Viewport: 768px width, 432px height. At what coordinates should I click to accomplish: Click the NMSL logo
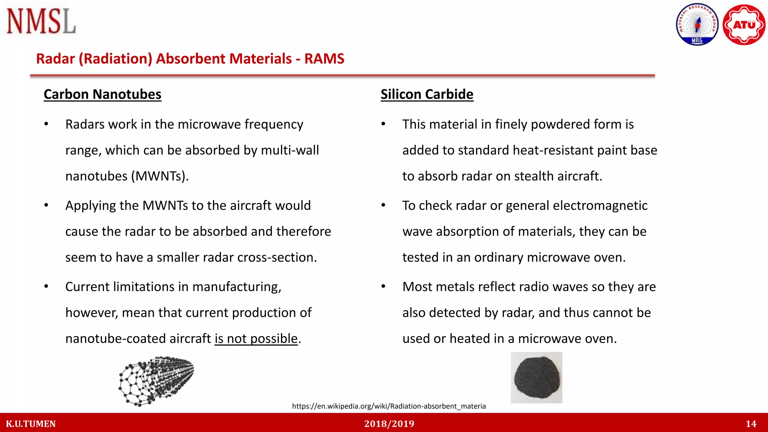pos(41,21)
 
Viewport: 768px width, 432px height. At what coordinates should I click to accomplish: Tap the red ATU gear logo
pos(744,25)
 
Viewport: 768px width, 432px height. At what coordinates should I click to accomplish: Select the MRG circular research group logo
pos(697,25)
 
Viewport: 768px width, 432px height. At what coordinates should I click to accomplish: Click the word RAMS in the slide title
pos(324,59)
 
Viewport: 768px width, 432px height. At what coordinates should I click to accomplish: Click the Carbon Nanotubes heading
pos(102,94)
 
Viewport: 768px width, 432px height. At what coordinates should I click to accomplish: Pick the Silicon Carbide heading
pos(427,94)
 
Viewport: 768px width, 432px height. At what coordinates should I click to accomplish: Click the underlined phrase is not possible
pos(256,339)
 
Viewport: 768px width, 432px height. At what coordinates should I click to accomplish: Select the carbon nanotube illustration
pos(156,381)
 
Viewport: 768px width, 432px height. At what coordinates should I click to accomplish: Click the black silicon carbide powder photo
pos(536,378)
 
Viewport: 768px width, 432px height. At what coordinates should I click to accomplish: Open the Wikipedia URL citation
pos(388,406)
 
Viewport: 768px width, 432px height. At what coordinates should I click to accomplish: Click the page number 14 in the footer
pos(751,424)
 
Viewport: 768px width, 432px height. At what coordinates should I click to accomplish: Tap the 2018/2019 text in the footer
pos(389,424)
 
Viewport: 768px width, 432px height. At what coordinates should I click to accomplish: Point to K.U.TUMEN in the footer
pos(31,424)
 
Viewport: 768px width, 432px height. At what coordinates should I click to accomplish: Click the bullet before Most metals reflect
pos(383,286)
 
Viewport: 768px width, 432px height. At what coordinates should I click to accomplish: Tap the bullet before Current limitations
pos(46,286)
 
